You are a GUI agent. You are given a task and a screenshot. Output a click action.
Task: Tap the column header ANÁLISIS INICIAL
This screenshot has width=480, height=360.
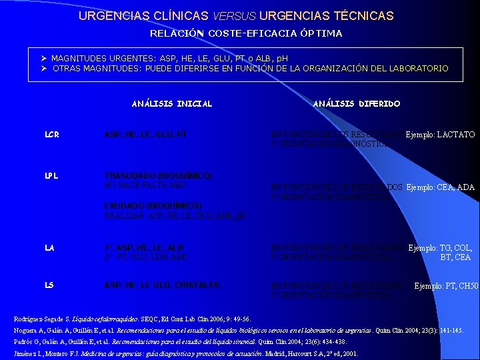172,103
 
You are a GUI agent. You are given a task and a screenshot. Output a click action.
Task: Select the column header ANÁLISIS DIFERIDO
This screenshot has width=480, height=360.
357,103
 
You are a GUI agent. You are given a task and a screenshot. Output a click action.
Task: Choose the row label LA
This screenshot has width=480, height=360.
49,248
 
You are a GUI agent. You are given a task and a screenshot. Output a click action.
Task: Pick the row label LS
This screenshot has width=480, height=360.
49,285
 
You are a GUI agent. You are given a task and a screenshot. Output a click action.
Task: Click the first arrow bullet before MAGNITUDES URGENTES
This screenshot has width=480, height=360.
43,59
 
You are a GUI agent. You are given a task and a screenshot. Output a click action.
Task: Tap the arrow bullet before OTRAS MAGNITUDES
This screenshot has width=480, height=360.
43,69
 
